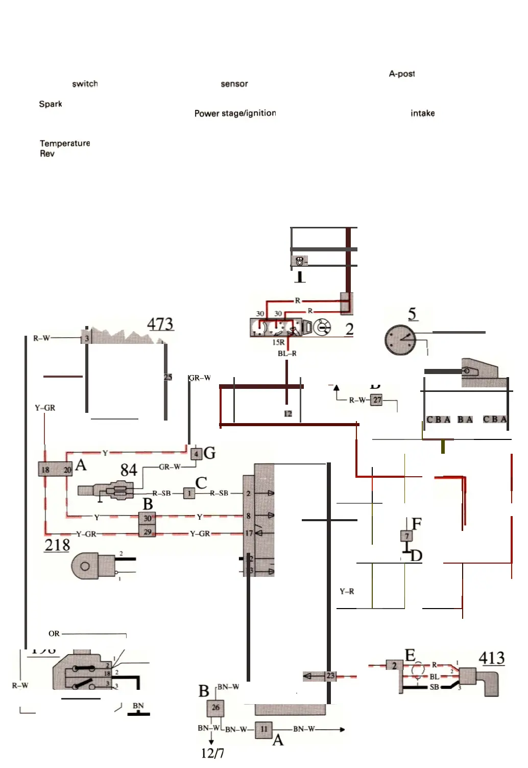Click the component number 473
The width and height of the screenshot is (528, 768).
(x=160, y=324)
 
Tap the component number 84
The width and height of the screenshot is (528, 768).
(x=129, y=470)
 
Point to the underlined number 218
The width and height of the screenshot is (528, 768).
(x=57, y=545)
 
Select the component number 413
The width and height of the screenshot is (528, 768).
(x=491, y=658)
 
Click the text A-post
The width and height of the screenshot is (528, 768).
(x=401, y=74)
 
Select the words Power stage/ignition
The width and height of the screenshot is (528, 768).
(x=235, y=113)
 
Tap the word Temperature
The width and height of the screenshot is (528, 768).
(x=65, y=143)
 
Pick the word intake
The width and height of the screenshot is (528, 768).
(x=422, y=113)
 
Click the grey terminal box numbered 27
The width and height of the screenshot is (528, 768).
(x=376, y=400)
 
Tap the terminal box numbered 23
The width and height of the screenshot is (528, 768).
(x=330, y=676)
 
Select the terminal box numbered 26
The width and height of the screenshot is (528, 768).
(x=215, y=707)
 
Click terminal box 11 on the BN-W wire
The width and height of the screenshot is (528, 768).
(x=263, y=729)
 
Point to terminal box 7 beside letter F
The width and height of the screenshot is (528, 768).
(x=406, y=536)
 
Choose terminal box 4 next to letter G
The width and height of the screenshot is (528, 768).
(x=196, y=453)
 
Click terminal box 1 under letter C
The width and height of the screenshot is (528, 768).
(x=189, y=493)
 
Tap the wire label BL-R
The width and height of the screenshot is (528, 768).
(x=287, y=353)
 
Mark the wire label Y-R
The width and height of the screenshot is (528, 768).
(x=347, y=591)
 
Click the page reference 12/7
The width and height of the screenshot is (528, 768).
(x=212, y=753)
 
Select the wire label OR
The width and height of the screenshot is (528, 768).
(x=54, y=634)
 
